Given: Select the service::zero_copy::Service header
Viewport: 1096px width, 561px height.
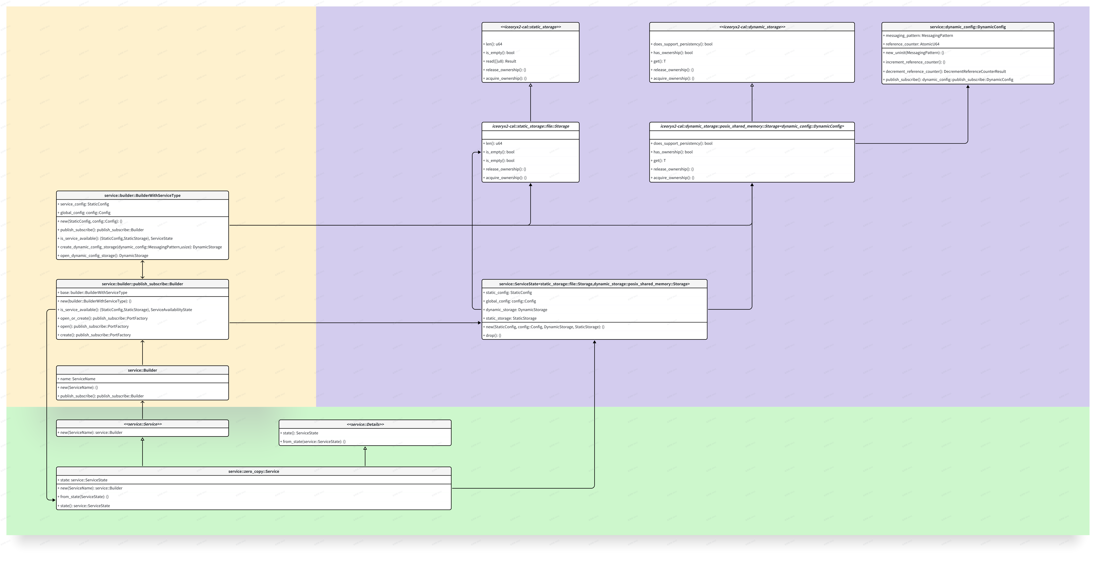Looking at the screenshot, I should point(254,471).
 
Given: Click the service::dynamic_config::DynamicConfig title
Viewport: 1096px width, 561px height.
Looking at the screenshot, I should point(968,27).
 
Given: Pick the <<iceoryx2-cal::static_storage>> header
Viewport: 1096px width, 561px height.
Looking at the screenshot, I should point(531,27).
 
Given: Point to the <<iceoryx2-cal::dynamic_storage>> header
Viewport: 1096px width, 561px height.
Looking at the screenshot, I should point(752,27).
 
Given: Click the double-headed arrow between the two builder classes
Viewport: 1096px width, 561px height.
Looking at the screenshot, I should point(143,269).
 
